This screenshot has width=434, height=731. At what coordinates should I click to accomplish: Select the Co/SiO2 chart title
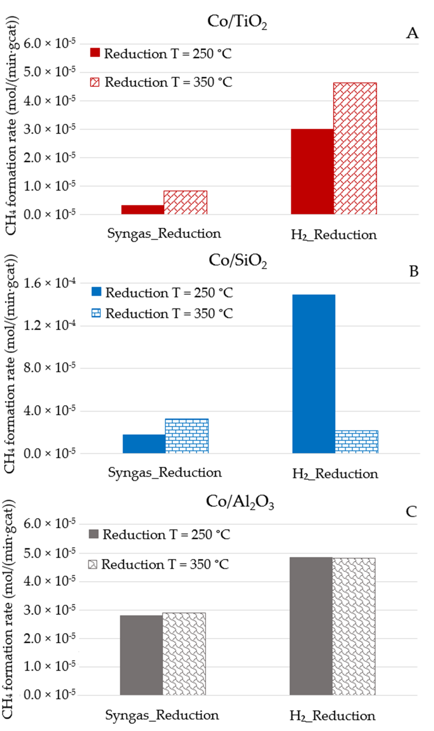pyautogui.click(x=237, y=260)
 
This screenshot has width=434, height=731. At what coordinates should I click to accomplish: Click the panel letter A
pyautogui.click(x=412, y=33)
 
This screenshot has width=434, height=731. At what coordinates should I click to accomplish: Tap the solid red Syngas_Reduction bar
pyautogui.click(x=142, y=210)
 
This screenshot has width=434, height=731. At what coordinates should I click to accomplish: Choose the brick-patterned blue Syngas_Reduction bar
pyautogui.click(x=187, y=436)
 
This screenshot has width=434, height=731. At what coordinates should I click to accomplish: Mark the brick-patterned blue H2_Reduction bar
pyautogui.click(x=356, y=442)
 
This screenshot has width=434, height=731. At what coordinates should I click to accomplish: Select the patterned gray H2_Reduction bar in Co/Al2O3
pyautogui.click(x=353, y=626)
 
